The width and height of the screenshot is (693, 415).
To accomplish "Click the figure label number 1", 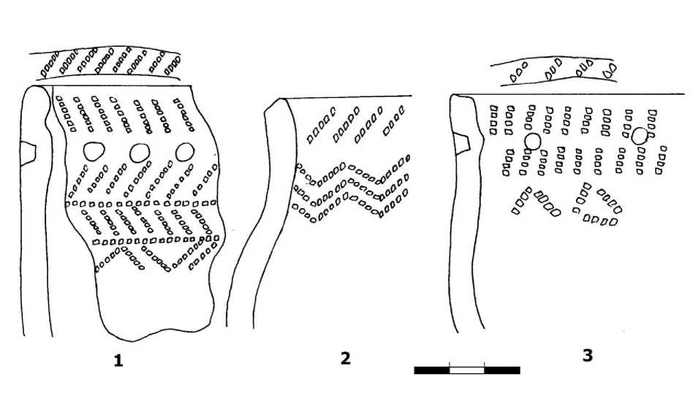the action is click(116, 359).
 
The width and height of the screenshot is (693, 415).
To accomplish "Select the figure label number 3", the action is click(587, 356).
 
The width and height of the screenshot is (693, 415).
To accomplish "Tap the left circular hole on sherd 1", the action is click(92, 151).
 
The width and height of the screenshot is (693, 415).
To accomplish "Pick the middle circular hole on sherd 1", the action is click(138, 151).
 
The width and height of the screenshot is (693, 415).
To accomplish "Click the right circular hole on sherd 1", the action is click(184, 151).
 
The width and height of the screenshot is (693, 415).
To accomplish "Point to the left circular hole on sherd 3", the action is click(532, 140).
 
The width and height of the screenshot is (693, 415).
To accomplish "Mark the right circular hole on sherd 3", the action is click(640, 135).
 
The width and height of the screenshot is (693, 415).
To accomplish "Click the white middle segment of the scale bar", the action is click(466, 370).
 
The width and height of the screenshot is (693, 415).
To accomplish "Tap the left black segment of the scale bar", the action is click(431, 370).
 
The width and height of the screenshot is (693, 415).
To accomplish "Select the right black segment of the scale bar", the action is click(502, 370).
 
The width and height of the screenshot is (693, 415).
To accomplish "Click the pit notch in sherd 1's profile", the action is click(29, 151).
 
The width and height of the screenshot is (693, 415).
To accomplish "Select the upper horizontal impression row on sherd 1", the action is click(143, 203).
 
